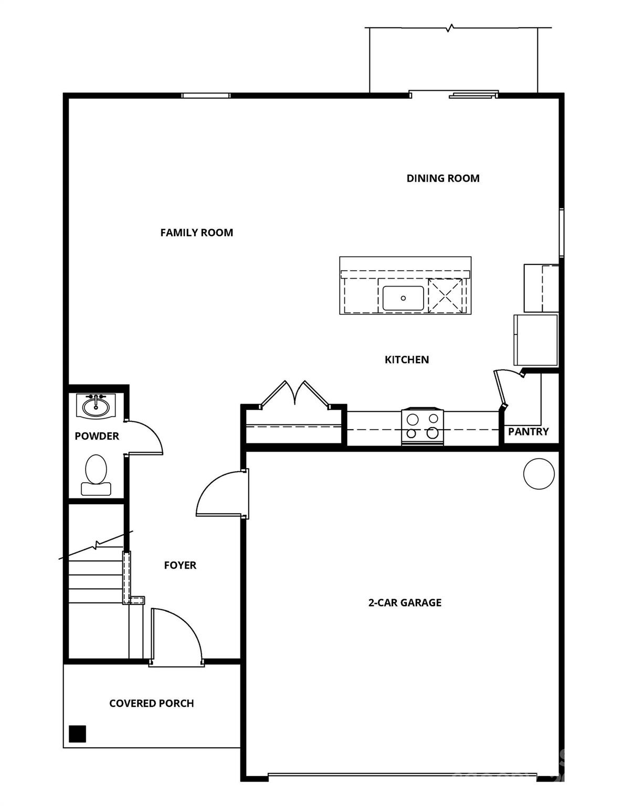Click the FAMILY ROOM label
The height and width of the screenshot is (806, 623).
(196, 232)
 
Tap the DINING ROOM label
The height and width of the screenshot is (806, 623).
(443, 178)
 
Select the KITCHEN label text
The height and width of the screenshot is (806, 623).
(407, 360)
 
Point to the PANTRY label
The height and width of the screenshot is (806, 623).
(528, 432)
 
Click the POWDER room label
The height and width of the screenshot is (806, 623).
(97, 436)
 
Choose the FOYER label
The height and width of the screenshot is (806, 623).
(180, 565)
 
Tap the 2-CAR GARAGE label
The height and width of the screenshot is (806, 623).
(405, 602)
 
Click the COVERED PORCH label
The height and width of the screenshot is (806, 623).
(151, 703)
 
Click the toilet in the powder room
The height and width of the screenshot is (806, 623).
(96, 474)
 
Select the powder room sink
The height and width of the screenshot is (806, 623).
(96, 406)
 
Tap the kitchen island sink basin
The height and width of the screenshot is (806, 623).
(403, 298)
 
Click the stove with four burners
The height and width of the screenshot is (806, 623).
(423, 427)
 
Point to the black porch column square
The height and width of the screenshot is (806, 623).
(78, 733)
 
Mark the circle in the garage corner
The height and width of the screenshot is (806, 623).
(538, 473)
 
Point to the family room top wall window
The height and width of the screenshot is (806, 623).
(206, 96)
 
